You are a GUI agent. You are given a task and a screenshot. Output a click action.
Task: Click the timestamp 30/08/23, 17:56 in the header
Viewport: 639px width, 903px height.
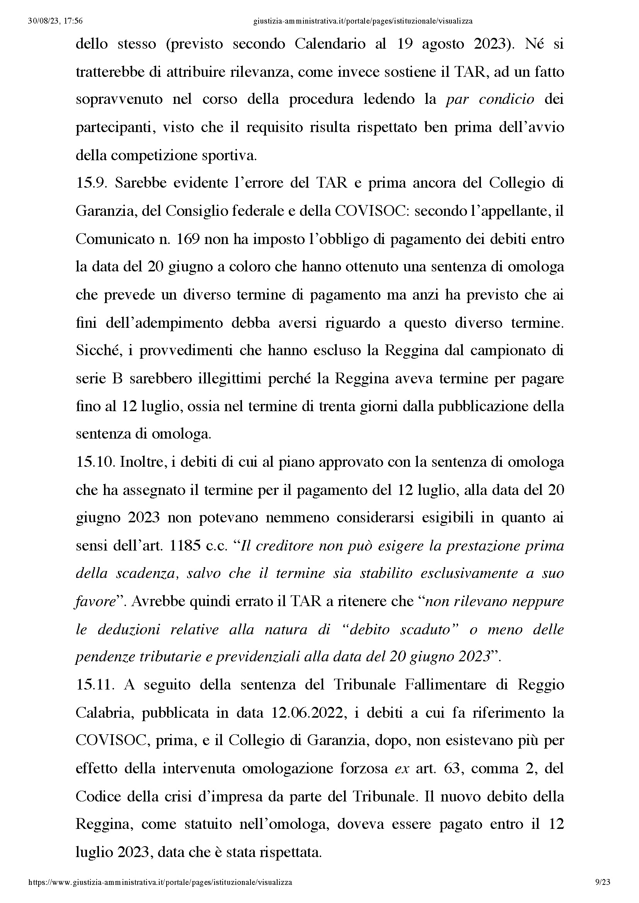pyautogui.click(x=56, y=21)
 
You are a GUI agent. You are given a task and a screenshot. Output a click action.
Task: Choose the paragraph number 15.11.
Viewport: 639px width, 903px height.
pyautogui.click(x=95, y=685)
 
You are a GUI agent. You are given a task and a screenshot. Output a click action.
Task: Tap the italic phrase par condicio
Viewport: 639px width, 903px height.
pyautogui.click(x=490, y=100)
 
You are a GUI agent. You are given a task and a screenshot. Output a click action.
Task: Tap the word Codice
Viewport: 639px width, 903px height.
pyautogui.click(x=98, y=796)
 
